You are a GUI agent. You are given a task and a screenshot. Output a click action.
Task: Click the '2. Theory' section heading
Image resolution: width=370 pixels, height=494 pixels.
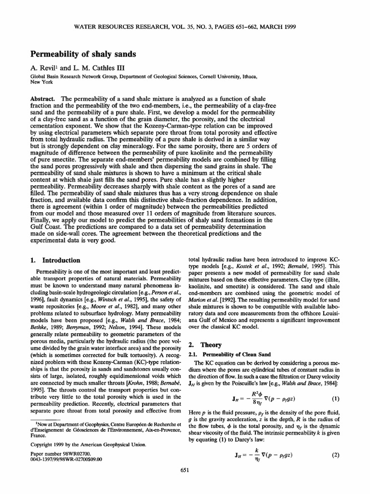coord(204,345)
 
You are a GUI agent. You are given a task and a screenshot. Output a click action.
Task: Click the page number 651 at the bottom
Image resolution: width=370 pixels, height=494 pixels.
coord(185,484)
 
